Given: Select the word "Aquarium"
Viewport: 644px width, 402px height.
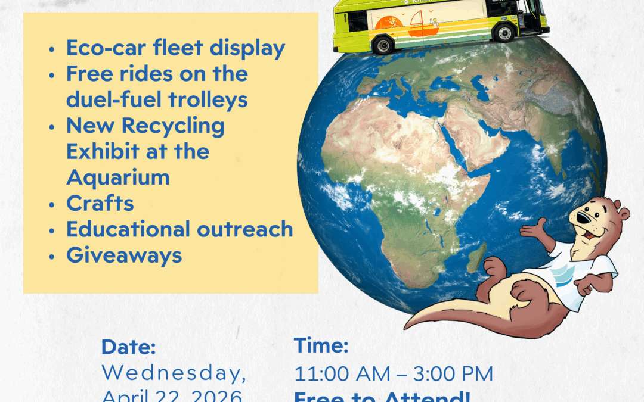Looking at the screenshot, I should [x=117, y=177].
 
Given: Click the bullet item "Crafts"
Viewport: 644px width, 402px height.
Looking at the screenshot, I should [x=100, y=203].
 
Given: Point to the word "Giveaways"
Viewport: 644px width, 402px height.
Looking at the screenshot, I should [x=123, y=255].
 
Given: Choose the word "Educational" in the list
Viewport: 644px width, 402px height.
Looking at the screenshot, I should [x=120, y=229].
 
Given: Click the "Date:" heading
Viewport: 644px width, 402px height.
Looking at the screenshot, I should [x=129, y=347].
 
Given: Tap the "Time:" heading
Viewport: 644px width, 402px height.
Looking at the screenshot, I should [x=321, y=345].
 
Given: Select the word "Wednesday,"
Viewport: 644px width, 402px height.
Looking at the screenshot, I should [x=174, y=373].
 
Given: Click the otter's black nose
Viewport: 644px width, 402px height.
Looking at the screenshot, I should [x=578, y=219].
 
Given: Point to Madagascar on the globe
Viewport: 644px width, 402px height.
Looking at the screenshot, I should [x=475, y=260].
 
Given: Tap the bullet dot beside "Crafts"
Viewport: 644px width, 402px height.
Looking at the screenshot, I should [x=54, y=204].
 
